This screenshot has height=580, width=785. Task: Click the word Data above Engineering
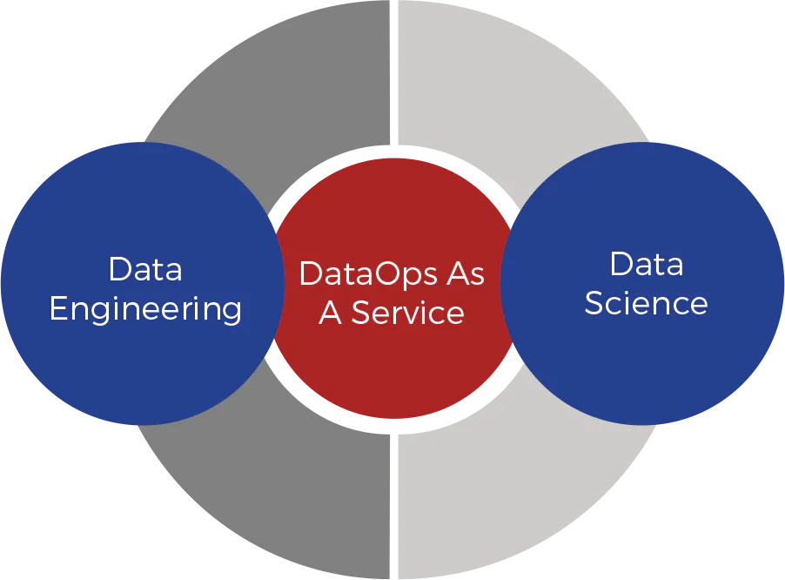tap(145, 269)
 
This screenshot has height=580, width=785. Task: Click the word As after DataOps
tap(466, 274)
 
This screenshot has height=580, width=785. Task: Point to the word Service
tap(408, 313)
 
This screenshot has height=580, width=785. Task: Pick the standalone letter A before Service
tap(331, 313)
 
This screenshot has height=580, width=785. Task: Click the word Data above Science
tap(647, 264)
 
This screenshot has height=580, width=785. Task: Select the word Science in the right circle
tap(647, 303)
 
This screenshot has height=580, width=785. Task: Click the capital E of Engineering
tap(58, 308)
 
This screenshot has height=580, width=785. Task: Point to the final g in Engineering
tap(231, 313)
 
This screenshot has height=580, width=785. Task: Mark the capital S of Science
tap(594, 303)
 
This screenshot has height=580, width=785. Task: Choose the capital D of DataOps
tap(311, 274)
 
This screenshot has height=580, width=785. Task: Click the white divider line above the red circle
tap(394, 72)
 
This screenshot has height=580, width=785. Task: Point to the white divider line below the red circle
tap(394, 506)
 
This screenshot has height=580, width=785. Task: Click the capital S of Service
tap(361, 313)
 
